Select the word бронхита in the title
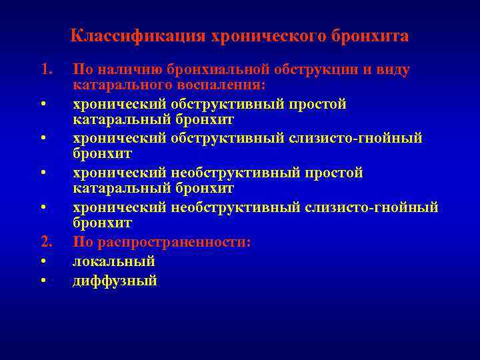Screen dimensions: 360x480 369,36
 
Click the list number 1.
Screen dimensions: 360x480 45,69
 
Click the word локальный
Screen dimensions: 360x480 113,261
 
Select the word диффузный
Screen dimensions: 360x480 115,281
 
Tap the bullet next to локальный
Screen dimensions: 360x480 42,261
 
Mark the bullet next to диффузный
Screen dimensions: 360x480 42,281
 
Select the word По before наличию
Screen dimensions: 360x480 82,69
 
